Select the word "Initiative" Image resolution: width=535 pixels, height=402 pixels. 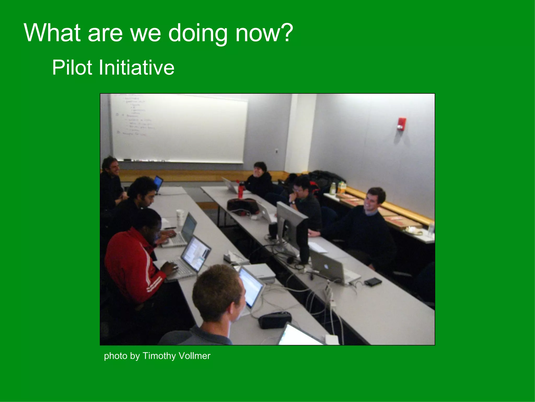[x=136, y=68]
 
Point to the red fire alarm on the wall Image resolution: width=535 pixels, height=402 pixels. [x=402, y=124]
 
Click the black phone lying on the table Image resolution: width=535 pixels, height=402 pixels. [x=373, y=282]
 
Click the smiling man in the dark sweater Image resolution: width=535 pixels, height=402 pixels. [x=366, y=222]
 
